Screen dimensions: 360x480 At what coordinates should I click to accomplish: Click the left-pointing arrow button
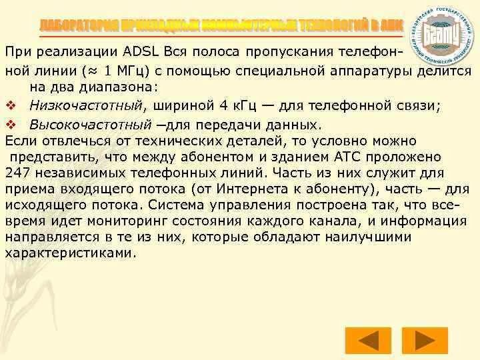pyautogui.click(x=366, y=341)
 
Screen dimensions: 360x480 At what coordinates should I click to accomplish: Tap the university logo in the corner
pyautogui.click(x=443, y=33)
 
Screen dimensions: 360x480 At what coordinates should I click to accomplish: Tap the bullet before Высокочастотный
pyautogui.click(x=10, y=125)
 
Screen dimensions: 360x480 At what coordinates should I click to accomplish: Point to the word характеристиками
pyautogui.click(x=70, y=253)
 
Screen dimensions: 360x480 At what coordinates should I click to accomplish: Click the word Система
pyautogui.click(x=175, y=205)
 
